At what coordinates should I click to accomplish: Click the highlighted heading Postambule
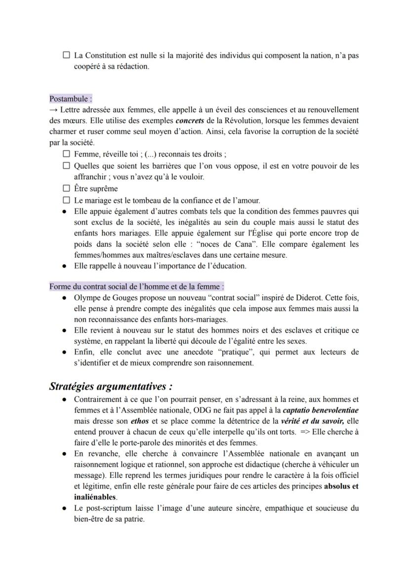(71, 99)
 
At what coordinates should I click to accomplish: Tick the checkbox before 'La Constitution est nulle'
(67, 56)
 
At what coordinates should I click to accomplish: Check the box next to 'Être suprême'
(67, 188)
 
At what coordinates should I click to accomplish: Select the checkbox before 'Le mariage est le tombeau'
(67, 200)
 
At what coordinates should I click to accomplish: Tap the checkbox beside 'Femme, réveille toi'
(67, 154)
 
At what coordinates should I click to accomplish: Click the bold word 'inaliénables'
(95, 497)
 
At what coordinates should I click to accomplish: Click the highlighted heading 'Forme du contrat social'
(136, 286)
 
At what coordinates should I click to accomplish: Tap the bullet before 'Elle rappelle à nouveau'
(65, 266)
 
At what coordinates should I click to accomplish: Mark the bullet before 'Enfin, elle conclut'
(65, 352)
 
